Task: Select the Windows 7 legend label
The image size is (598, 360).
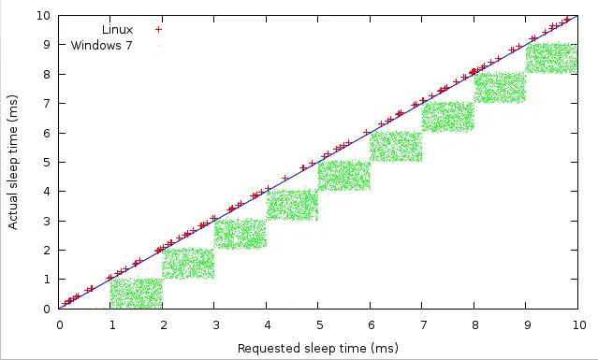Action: (101, 45)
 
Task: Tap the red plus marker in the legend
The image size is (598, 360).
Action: (158, 29)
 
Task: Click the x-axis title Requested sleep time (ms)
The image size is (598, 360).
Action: (317, 349)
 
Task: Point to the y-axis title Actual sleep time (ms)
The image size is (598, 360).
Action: (13, 162)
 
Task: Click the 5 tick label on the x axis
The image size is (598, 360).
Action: (319, 325)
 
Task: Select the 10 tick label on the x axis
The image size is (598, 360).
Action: (579, 325)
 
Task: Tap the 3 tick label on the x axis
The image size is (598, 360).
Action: (215, 325)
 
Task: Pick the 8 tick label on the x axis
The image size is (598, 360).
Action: (475, 325)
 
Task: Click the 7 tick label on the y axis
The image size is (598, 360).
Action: (48, 103)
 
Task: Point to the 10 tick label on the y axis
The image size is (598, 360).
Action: (45, 15)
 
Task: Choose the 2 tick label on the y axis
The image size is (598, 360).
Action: (48, 250)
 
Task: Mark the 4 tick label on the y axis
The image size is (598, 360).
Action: (48, 191)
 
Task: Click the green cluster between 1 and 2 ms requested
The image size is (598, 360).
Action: (137, 293)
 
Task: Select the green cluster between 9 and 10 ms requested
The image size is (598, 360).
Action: (553, 58)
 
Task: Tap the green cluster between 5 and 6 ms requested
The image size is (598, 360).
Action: (345, 176)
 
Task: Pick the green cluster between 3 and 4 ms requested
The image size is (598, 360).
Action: (241, 234)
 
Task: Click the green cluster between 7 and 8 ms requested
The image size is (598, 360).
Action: (449, 117)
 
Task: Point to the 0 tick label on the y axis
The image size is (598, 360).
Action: (48, 309)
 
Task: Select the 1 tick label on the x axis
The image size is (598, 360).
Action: (111, 325)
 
